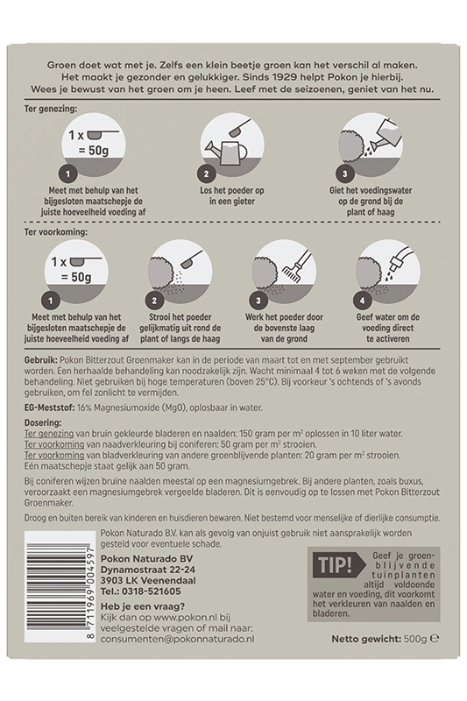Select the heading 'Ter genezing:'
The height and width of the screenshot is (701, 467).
coord(51,108)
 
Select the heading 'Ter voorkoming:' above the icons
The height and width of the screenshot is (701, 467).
coord(56,232)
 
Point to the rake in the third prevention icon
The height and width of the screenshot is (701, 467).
coord(296,264)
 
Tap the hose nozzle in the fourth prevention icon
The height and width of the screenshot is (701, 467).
coord(399,261)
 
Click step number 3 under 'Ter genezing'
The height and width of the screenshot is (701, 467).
coord(344,173)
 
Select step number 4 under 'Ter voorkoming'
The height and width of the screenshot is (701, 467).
coord(363,301)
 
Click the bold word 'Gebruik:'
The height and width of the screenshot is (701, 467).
coord(40,360)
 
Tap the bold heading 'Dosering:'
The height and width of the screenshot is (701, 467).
coord(43,422)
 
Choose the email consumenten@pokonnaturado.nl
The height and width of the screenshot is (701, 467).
coord(177,640)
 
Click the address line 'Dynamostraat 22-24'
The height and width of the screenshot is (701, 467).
coord(148,570)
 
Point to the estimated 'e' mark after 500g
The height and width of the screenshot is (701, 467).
coord(434,639)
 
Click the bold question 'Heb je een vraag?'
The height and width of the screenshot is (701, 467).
coord(143,606)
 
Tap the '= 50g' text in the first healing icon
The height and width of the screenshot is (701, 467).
coord(94,150)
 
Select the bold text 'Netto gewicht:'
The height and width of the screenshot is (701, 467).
coord(366,639)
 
